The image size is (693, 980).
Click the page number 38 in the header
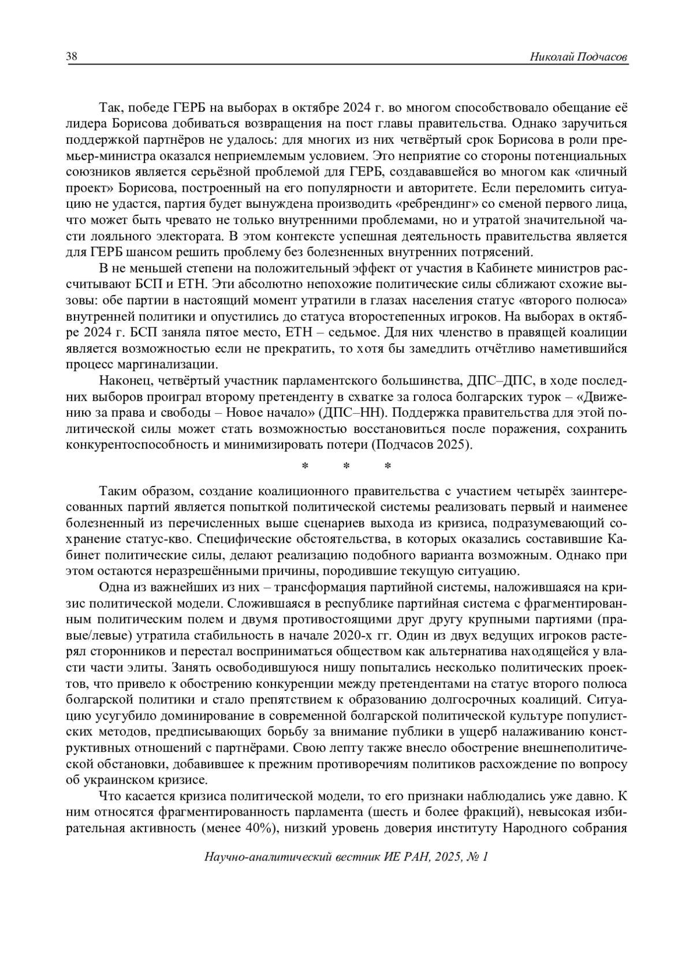tap(72, 57)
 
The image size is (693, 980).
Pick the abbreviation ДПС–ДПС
tap(512, 381)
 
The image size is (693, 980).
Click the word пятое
tap(229, 332)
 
